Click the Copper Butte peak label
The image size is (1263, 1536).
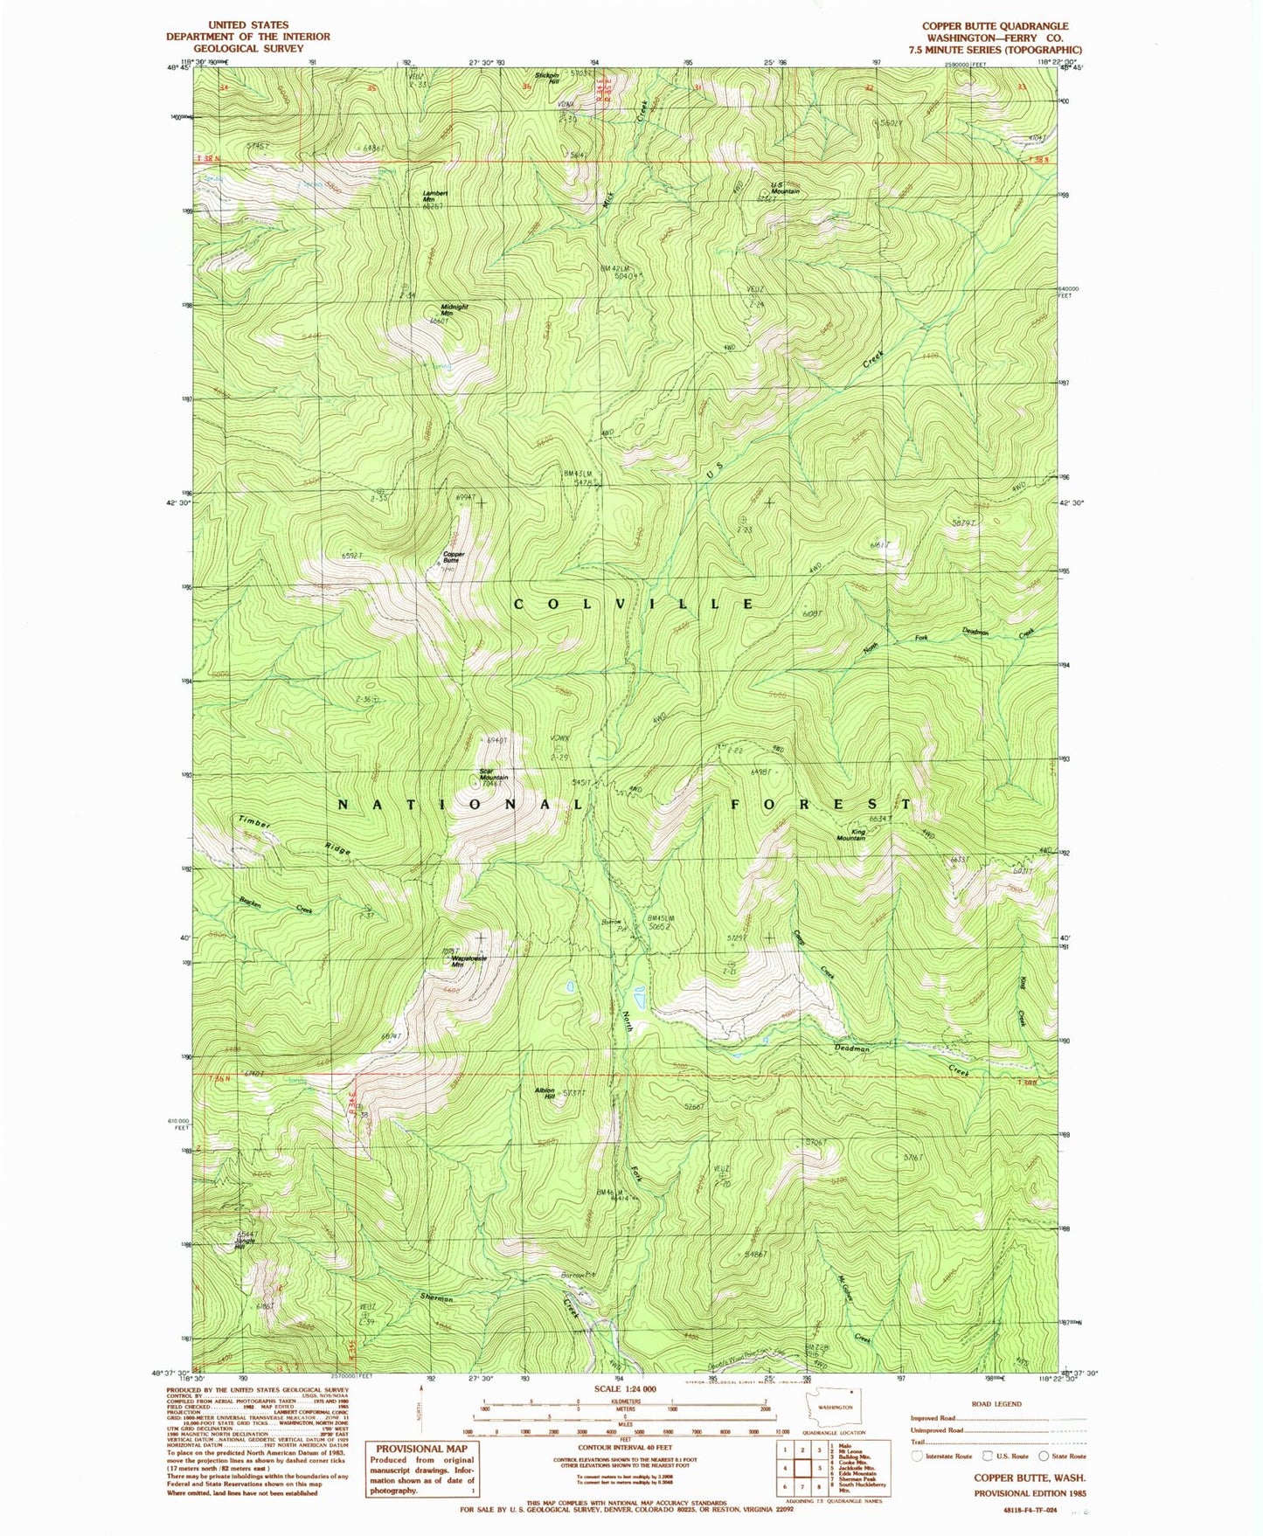click(454, 557)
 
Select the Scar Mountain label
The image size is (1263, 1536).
click(494, 774)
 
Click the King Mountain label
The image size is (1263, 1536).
click(851, 834)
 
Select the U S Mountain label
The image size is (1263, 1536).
click(785, 188)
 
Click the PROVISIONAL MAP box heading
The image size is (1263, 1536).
click(421, 1449)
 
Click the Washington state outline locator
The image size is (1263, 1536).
click(829, 1406)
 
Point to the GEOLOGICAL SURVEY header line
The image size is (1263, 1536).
click(248, 48)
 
